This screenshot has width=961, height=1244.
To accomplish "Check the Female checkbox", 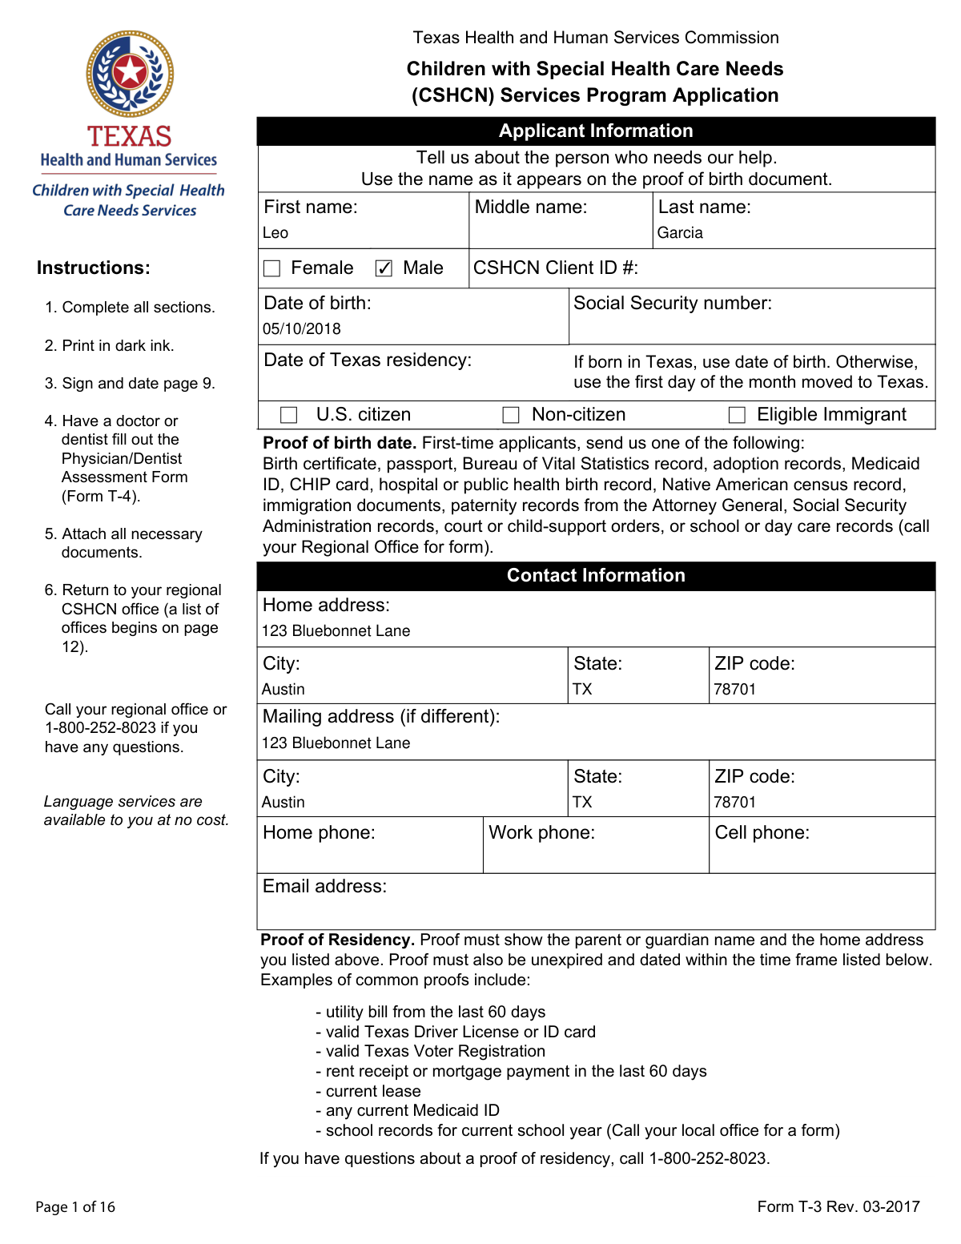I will [x=272, y=268].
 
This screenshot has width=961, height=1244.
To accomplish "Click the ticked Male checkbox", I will [x=384, y=268].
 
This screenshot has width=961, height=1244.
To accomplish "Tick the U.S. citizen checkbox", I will [x=289, y=415].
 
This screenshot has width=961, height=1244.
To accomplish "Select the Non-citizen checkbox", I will [x=511, y=415].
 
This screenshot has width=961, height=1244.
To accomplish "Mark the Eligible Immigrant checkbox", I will [x=737, y=415].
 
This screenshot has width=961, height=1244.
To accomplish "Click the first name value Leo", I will [x=275, y=233].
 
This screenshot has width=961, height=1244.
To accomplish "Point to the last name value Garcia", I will [x=680, y=233].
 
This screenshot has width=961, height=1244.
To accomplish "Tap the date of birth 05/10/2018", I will [x=302, y=329].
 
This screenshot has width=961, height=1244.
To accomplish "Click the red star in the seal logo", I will [x=130, y=72].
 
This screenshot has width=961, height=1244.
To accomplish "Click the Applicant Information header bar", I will [x=596, y=131].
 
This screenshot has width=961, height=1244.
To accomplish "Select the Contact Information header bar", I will [x=596, y=576].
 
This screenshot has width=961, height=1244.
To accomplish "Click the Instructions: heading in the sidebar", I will [x=94, y=268].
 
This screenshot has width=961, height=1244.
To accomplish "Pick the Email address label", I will [x=324, y=887].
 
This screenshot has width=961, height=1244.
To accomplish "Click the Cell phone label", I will [x=762, y=833].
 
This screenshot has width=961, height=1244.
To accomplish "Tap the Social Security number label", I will [x=673, y=304].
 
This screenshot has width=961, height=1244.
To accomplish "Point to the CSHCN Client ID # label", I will [x=556, y=268].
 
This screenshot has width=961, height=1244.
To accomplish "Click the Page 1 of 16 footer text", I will [x=75, y=1207].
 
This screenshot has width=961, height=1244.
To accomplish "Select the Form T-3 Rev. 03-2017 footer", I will [x=838, y=1207].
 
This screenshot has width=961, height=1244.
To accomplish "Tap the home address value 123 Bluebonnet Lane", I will [x=336, y=631].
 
